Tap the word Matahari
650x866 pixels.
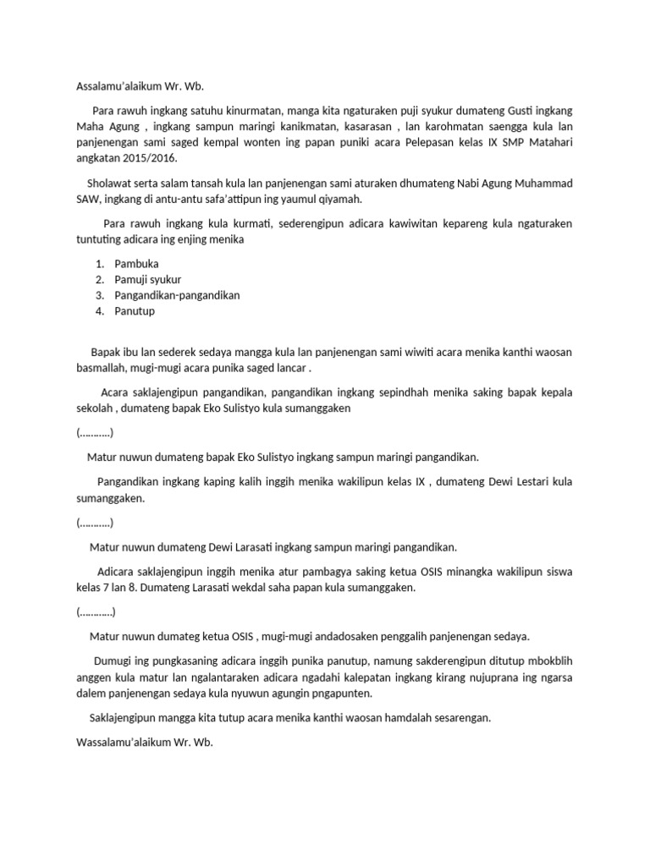(x=549, y=142)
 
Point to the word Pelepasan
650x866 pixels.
(x=407, y=142)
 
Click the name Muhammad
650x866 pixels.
(x=534, y=184)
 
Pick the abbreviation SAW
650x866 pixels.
(x=88, y=199)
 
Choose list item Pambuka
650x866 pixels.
(x=136, y=264)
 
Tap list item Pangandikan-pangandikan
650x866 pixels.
(x=178, y=295)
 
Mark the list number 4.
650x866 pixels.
(x=99, y=310)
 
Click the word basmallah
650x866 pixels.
(x=104, y=369)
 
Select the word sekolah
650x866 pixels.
(x=94, y=408)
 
